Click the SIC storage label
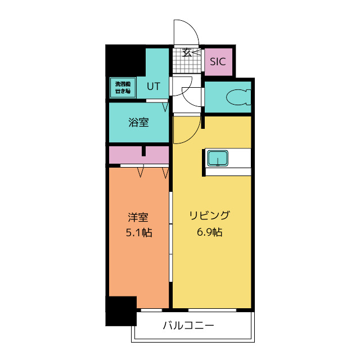[218, 62]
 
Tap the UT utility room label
[154, 86]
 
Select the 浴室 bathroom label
[139, 122]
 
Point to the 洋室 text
[138, 216]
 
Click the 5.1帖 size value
[138, 231]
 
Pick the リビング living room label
[209, 216]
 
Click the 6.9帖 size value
[209, 231]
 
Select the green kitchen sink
[217, 159]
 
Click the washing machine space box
[120, 87]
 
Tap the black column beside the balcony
[121, 310]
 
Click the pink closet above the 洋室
[138, 154]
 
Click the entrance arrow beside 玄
[195, 53]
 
